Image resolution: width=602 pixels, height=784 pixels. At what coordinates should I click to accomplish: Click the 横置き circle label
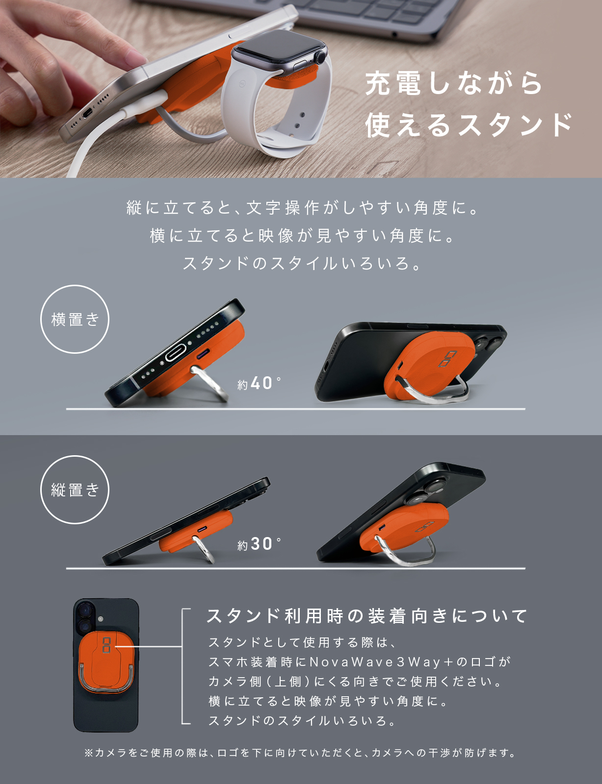pos(75,319)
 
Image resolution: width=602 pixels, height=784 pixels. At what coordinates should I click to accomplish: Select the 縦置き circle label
pos(75,490)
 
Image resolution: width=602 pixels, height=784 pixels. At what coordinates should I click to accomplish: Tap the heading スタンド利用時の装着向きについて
pos(366,616)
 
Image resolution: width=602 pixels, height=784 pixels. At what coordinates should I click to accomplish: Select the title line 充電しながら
pos(454,84)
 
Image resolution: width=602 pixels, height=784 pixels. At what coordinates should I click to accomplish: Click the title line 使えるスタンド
pos(469,125)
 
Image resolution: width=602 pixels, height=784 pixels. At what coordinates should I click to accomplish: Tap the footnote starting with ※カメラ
pos(300,753)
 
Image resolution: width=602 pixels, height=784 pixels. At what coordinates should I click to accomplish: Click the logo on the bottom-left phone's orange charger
pos(106,644)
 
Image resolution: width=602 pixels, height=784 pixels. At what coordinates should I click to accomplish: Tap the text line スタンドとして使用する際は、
pos(303,642)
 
